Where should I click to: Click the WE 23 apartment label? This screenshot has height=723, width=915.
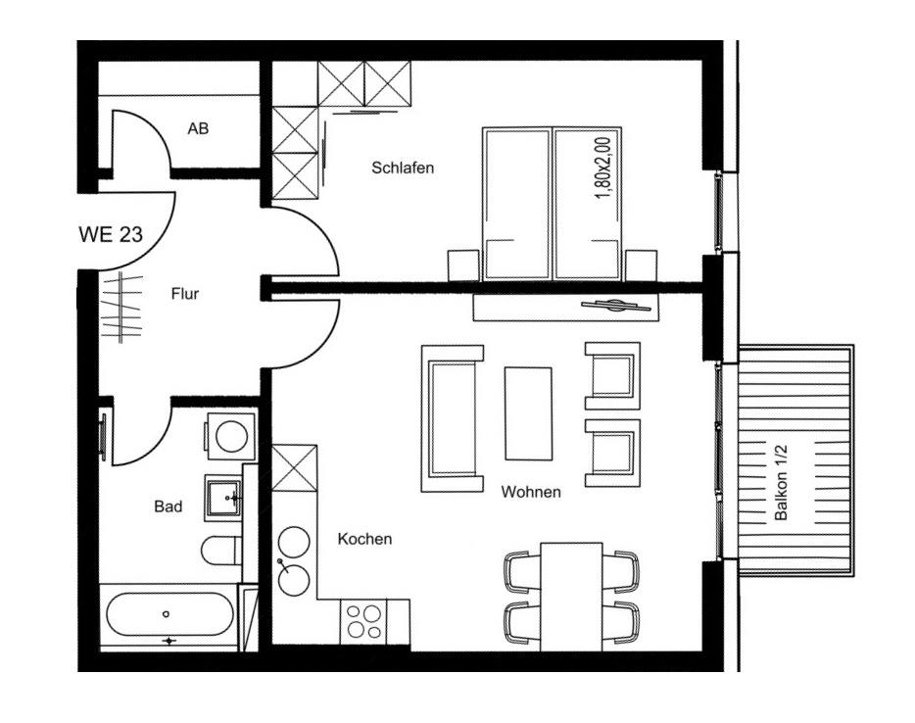click(x=111, y=234)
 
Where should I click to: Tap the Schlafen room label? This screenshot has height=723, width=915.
click(x=403, y=169)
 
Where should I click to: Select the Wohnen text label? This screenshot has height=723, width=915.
click(x=531, y=492)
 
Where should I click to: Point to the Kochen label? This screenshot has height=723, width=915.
click(x=364, y=539)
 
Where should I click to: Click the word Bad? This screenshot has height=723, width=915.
click(x=169, y=506)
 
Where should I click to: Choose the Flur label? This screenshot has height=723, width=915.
click(x=185, y=294)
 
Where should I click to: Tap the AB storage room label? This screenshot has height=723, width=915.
click(x=198, y=128)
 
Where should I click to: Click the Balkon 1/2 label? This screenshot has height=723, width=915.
click(x=781, y=483)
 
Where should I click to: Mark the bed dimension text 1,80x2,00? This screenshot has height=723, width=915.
click(x=602, y=169)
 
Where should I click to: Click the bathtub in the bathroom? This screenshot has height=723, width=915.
click(x=169, y=614)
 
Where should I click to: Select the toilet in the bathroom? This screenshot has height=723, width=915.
click(x=221, y=550)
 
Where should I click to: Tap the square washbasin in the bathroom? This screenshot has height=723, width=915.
click(x=222, y=497)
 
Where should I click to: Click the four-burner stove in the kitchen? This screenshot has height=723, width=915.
click(x=364, y=621)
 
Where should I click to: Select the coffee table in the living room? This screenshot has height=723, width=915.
click(x=528, y=413)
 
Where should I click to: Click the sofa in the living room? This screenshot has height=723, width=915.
click(x=453, y=417)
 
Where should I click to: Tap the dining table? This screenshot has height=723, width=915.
click(x=571, y=597)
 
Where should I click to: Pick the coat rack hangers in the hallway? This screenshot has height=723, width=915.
click(x=121, y=307)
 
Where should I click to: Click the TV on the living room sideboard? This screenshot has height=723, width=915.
click(x=616, y=306)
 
